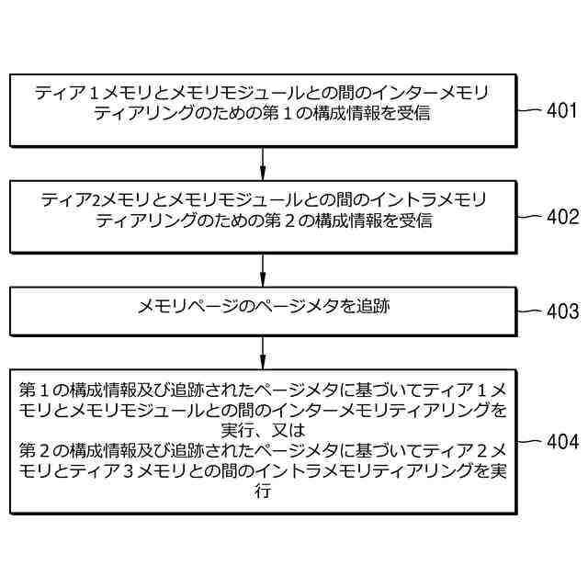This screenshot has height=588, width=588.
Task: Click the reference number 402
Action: (x=562, y=218)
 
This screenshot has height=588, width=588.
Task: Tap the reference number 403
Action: (x=562, y=311)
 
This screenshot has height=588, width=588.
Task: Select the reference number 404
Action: (x=562, y=441)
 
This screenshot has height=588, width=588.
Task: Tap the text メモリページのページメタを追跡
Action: (x=264, y=306)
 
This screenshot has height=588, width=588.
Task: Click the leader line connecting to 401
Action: (x=528, y=110)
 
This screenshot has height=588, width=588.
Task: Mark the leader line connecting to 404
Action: (x=528, y=440)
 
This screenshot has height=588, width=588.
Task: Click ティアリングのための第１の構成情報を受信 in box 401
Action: (x=264, y=115)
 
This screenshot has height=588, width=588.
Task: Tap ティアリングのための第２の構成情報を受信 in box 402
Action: (x=264, y=220)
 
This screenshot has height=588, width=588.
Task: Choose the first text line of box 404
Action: (x=264, y=389)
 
